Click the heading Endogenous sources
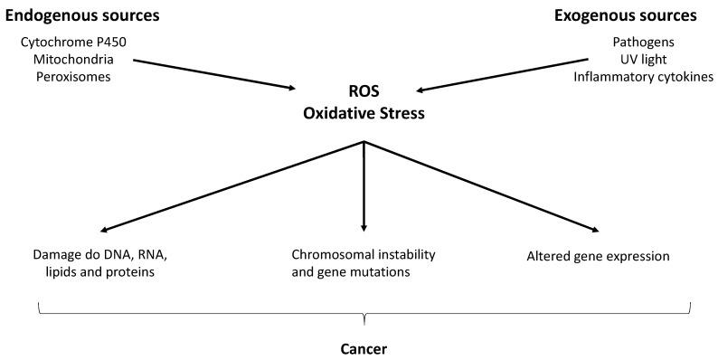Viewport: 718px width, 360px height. point(82,15)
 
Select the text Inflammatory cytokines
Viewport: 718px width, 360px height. point(643,77)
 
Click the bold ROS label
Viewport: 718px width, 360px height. point(363,96)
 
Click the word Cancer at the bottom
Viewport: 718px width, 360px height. point(363,346)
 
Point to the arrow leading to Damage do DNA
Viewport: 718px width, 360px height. point(235,186)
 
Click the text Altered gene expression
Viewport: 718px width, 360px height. point(598,256)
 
